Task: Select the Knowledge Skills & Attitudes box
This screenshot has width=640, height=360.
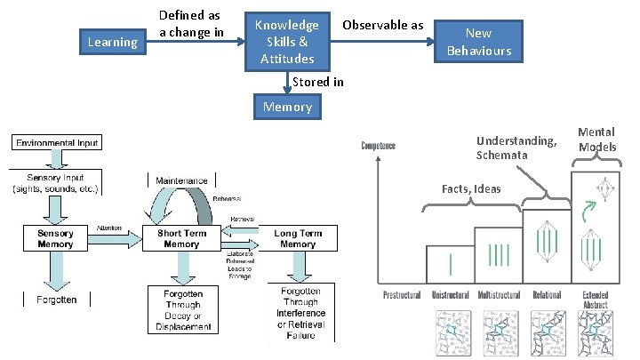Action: pos(287,41)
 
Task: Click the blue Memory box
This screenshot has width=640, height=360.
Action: pos(286,107)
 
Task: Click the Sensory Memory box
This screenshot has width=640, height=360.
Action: pos(55,237)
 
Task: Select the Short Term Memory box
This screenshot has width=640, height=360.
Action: pos(181,238)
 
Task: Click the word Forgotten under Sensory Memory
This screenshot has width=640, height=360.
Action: pos(55,300)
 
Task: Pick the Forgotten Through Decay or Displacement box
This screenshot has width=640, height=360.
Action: pos(181,309)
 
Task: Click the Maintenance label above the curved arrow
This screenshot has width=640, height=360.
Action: pos(181,180)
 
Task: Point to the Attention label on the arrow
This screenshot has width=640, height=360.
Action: pos(110,228)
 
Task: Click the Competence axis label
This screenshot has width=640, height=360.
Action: pos(379,144)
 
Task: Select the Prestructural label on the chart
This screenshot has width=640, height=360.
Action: pos(402,295)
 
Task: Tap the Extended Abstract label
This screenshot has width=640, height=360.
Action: pos(595,300)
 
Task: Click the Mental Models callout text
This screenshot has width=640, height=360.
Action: pos(596,140)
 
